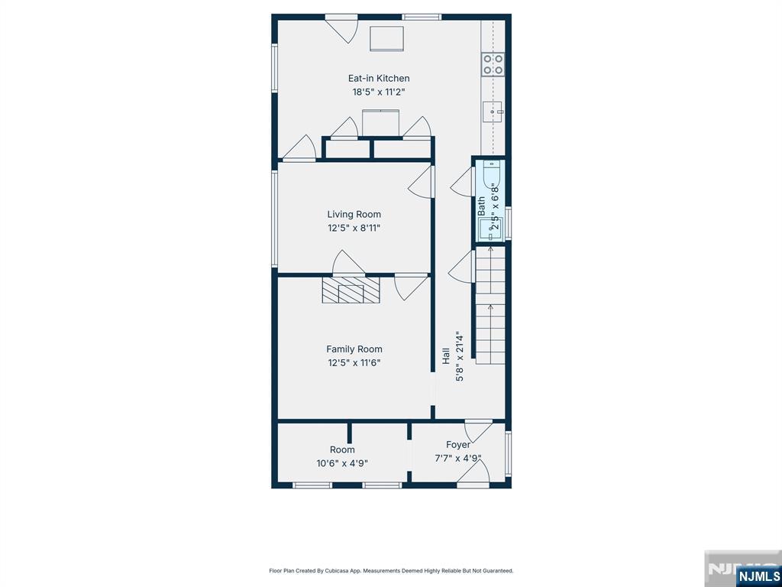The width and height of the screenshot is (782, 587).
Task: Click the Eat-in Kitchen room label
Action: coord(379,79)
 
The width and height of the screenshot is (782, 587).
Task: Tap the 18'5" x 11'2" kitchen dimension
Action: coord(379,92)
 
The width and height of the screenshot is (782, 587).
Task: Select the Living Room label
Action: coord(354,215)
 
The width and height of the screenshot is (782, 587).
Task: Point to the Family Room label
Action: coord(354,349)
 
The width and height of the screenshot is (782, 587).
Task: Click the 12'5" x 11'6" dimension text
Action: coord(354,363)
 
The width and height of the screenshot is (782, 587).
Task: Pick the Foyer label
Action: coord(458,445)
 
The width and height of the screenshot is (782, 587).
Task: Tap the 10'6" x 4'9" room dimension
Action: coord(342,463)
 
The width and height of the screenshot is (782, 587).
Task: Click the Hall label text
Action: coord(446,356)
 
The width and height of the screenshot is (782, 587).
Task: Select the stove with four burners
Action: coord(493,64)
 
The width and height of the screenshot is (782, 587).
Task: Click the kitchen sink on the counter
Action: coord(493,112)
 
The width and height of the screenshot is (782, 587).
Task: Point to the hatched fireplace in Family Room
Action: coord(351,290)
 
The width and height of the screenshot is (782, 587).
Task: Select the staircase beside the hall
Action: coord(490,305)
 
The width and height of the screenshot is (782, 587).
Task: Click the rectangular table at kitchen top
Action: coord(386,38)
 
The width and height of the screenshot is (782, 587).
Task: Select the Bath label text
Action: coord(481,206)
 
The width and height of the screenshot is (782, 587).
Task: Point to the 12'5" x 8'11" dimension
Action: coord(354,228)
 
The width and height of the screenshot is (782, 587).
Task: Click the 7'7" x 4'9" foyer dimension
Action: coord(458,459)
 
